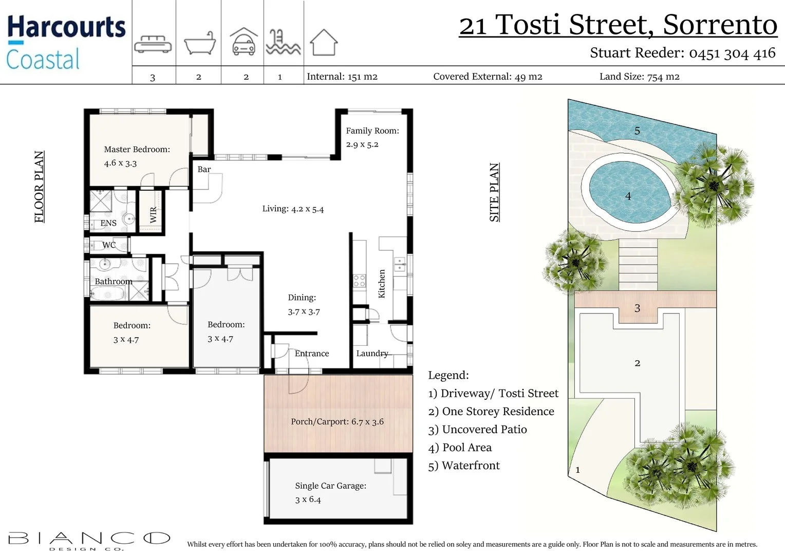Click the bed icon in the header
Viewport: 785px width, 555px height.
(x=153, y=44)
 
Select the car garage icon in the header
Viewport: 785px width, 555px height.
(x=244, y=42)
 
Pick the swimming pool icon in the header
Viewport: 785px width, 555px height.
(x=283, y=42)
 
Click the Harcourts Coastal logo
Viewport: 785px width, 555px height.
(x=66, y=43)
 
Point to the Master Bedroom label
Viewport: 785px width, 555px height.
(x=137, y=150)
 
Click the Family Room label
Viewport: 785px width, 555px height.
(x=372, y=131)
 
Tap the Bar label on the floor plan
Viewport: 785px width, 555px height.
(x=204, y=170)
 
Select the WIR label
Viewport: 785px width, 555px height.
(x=153, y=215)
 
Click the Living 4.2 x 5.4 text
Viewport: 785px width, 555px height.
(x=293, y=209)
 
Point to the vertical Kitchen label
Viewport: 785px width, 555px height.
(x=382, y=284)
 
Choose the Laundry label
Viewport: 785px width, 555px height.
(x=372, y=354)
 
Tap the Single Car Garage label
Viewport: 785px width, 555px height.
(x=330, y=486)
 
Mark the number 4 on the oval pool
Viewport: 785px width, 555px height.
(x=628, y=196)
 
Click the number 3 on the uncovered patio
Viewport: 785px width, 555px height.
(x=637, y=308)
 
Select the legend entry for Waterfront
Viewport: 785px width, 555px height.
(x=463, y=466)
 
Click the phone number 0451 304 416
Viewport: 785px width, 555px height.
(x=732, y=53)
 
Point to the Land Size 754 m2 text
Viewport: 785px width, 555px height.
(x=639, y=77)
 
